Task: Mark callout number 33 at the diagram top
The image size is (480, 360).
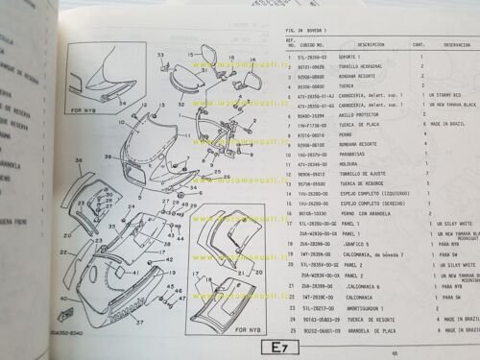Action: pos(159,54)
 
